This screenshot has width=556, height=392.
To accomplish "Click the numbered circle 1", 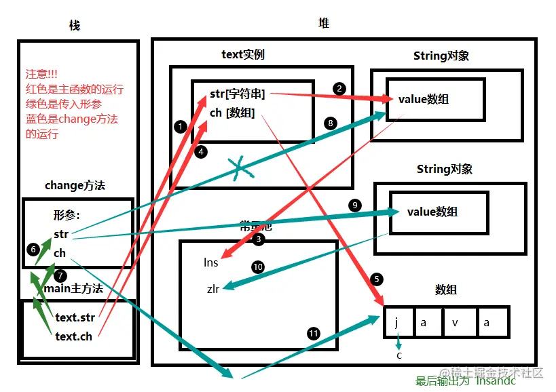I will coord(180,126).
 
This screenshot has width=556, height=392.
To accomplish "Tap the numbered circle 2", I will coord(339,89).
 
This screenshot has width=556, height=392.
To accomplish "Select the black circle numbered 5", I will coord(377,279).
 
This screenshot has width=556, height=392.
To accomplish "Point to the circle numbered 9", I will coord(353,205).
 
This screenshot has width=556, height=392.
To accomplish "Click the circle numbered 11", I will coord(313,333).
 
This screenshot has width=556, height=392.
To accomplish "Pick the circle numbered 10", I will coord(257,267).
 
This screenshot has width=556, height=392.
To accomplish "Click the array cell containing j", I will coord(396,322).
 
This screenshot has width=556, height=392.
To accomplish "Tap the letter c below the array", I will coord(399,355).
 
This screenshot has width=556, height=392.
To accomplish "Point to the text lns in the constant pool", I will coord(210,262).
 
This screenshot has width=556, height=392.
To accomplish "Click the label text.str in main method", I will coord(75,317).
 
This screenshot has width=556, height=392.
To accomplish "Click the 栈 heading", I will coord(75,25).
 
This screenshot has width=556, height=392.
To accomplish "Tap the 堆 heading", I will coord(324,23).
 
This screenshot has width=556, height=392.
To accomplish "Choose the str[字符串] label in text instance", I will coord(237,94).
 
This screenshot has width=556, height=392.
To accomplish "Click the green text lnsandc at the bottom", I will coord(495,380).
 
